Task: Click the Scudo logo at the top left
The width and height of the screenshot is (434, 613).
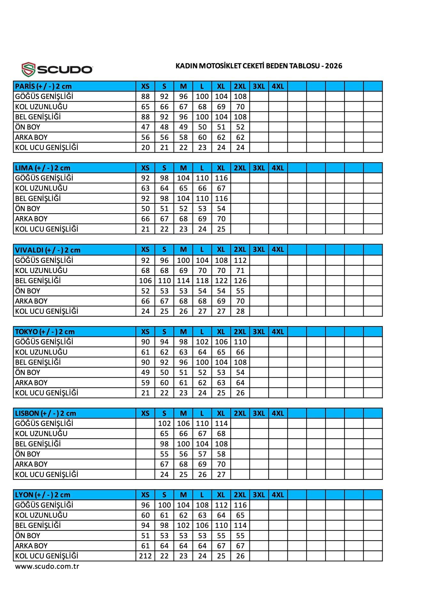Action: pos(57,69)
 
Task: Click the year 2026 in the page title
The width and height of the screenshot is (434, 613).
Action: pos(334,66)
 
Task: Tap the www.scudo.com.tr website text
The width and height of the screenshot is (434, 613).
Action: pos(47,566)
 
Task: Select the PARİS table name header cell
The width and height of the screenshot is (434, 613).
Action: pos(75,86)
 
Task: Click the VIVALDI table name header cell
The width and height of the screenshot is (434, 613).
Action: pos(75,250)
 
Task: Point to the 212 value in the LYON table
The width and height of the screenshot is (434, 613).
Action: pos(145,556)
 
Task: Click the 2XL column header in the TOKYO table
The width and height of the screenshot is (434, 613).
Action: pos(240,331)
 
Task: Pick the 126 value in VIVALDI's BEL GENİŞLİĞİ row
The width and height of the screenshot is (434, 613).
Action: pos(240,281)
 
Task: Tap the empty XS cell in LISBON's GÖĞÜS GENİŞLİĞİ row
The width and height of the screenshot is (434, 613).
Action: pos(145,423)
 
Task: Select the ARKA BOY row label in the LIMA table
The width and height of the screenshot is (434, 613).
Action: pos(31,219)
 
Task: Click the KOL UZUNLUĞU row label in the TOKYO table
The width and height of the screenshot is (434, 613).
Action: pos(41,352)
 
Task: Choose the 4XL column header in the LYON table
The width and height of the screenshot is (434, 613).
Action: pos(278,495)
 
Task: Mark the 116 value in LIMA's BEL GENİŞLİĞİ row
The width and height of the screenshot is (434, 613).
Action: pos(221,198)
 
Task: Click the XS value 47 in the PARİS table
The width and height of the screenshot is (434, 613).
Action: pos(145,127)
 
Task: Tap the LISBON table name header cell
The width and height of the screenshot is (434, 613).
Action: pos(75,413)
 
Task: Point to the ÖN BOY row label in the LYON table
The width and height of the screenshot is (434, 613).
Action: pos(28,535)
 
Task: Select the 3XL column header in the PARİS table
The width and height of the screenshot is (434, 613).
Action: pos(259,86)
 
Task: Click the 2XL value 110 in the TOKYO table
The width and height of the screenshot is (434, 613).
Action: pos(240,342)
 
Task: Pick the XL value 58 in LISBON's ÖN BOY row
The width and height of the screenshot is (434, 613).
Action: pos(221,454)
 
